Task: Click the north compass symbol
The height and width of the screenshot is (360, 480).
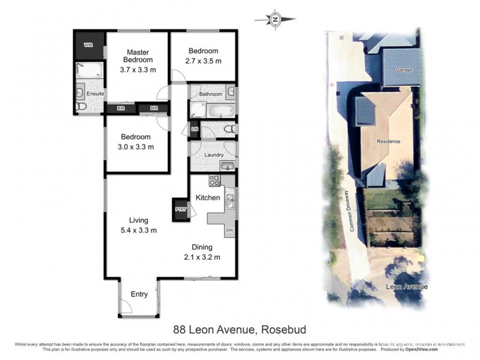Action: point(275,19)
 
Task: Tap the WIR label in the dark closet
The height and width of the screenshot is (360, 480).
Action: point(88,45)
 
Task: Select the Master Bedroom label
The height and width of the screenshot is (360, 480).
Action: point(138,56)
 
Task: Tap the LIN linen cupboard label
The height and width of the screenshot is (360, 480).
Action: point(194,129)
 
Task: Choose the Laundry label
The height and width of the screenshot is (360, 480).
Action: point(214,155)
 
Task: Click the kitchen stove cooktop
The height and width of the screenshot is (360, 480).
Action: point(214,180)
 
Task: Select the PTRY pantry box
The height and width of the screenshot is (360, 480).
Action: point(180,209)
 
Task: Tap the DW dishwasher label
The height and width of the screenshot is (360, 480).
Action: point(229,230)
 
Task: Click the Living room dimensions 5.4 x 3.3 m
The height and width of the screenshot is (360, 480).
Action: point(139,230)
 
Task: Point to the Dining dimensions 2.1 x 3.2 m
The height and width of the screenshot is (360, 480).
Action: point(202,257)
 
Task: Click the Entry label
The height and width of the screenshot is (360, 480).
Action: point(139,294)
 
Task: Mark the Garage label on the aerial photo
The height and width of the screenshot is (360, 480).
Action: point(404,70)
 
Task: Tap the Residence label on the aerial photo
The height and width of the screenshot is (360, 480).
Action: point(388,142)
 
